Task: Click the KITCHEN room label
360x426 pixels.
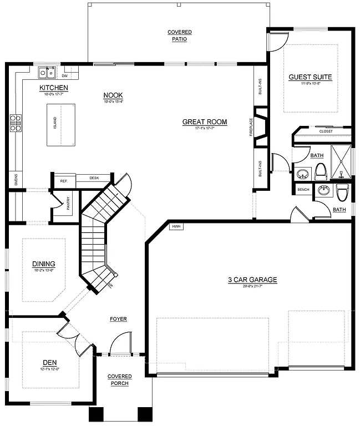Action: coord(53,88)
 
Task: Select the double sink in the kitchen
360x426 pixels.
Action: coord(46,73)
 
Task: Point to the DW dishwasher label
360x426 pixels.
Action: coord(65,75)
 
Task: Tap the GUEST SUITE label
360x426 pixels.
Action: coord(310,77)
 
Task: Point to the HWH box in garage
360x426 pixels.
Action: coord(176,226)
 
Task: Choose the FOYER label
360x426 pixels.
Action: coord(118,319)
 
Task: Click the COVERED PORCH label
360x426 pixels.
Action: coord(119,380)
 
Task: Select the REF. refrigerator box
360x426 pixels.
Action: coord(64,181)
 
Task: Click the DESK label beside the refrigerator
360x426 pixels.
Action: coord(94,178)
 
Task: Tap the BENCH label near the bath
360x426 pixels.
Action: coord(303,190)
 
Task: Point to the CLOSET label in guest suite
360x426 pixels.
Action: coord(326,131)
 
